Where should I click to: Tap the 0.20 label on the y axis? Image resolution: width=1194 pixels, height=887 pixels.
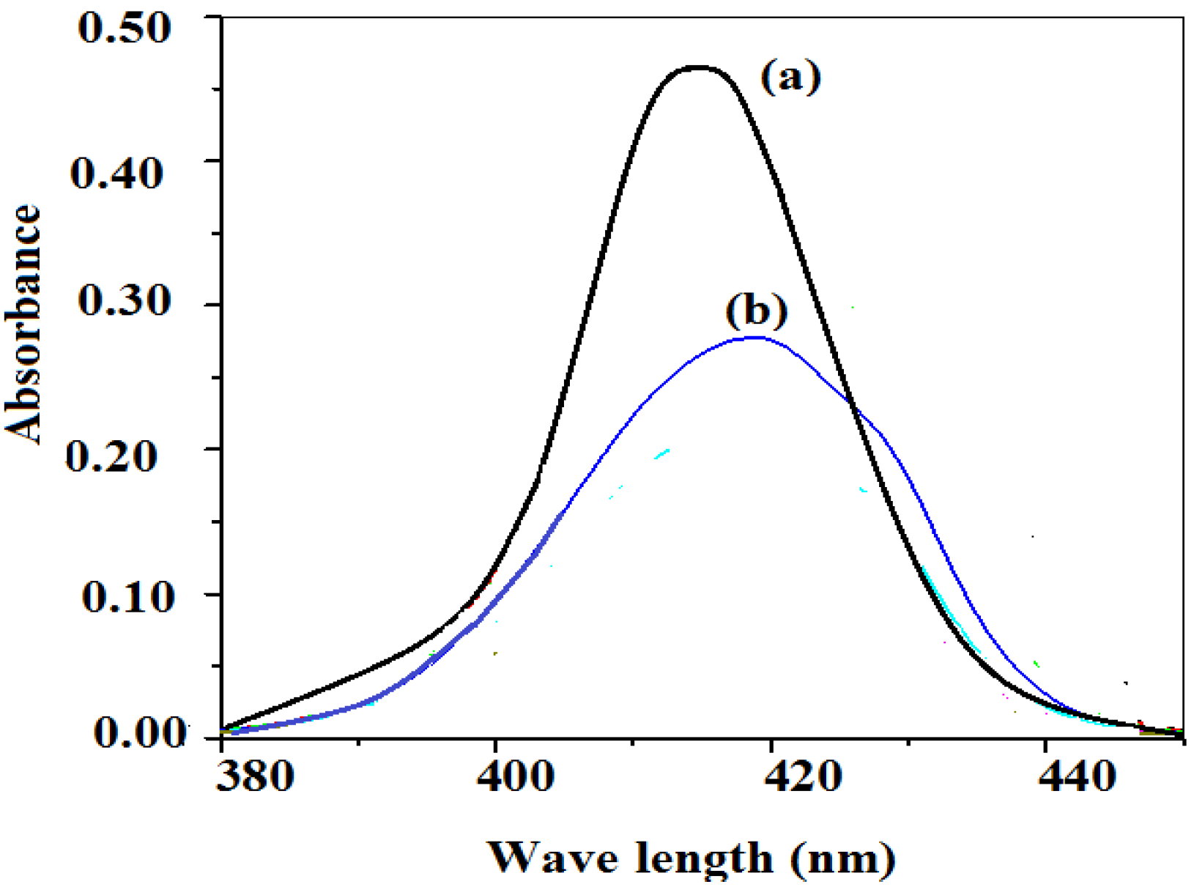[112, 456]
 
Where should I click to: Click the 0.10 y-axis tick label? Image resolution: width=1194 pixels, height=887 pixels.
[119, 596]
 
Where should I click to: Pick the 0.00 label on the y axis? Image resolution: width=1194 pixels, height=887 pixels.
[139, 732]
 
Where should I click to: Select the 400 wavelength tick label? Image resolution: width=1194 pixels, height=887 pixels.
[515, 776]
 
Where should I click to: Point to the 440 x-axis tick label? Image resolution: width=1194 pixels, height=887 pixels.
[1077, 776]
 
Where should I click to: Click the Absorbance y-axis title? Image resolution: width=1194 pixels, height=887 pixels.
[23, 324]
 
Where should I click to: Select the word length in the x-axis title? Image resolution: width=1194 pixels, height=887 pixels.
[704, 857]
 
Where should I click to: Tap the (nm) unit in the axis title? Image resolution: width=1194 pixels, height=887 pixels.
[842, 857]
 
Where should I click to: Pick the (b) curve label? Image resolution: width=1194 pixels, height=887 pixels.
[757, 311]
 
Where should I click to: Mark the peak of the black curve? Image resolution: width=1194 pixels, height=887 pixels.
[700, 67]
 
